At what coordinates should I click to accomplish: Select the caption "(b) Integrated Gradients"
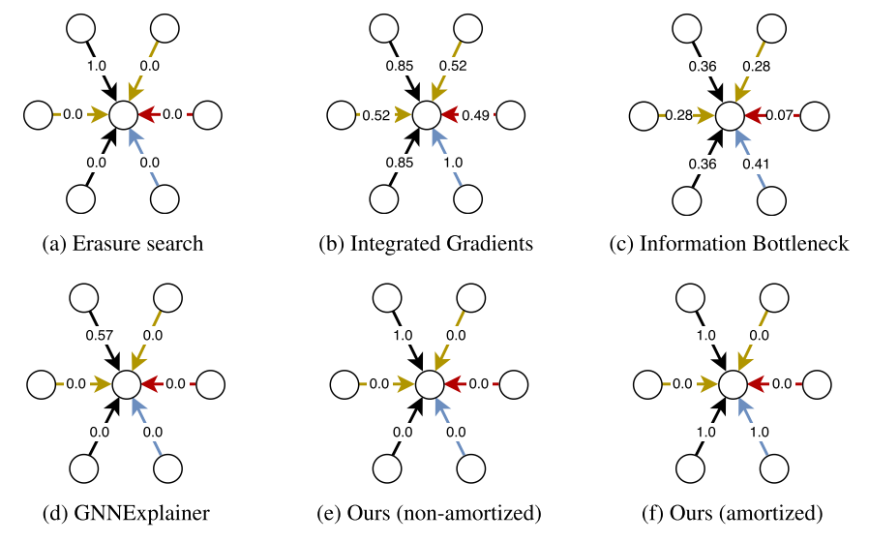point(426,243)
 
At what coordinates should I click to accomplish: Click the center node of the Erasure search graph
point(124,114)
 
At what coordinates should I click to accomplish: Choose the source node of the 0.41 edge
point(773,199)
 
